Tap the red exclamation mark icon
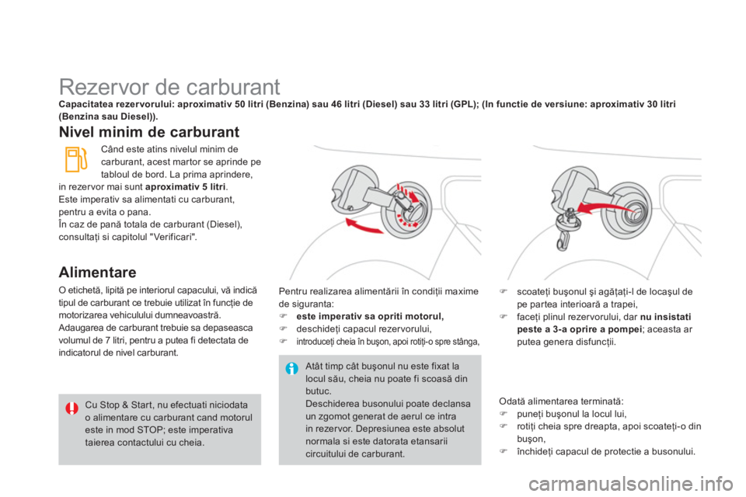coord(71,408)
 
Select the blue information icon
coord(291,368)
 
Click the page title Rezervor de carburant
coord(169,87)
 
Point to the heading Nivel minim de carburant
coord(149,132)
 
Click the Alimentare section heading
coord(97,272)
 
